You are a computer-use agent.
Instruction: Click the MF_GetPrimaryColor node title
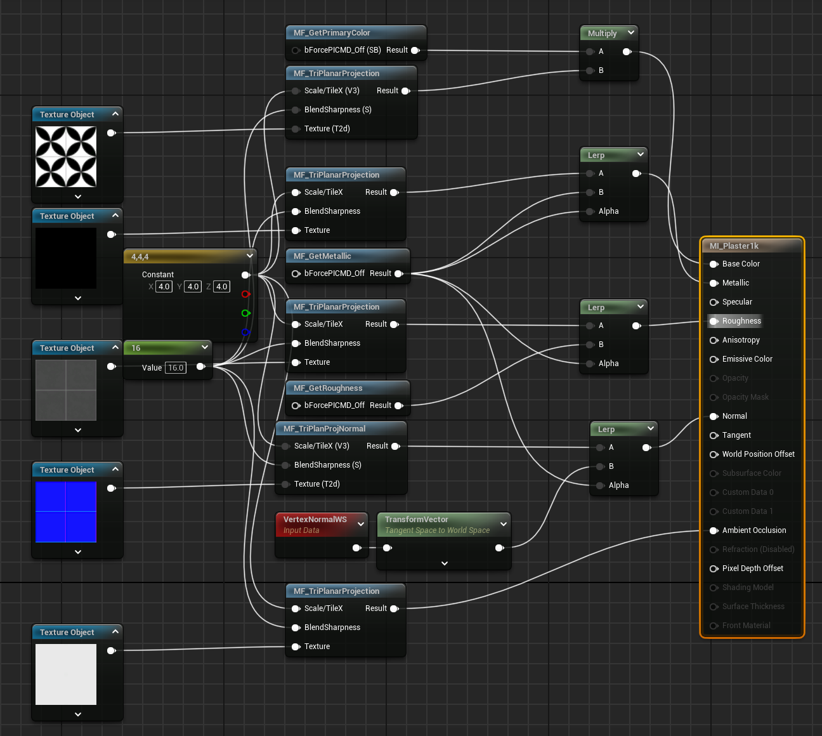332,33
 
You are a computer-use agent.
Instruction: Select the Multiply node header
602,34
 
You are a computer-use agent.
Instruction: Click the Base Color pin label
741,264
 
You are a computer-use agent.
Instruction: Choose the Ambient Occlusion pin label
753,530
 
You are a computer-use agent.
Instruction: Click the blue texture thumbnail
66,512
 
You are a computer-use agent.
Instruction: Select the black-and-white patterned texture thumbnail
66,157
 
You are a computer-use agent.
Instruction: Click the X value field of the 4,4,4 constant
164,287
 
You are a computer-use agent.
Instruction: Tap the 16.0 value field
176,368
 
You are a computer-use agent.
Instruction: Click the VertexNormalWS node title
315,520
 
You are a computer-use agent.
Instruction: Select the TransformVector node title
417,520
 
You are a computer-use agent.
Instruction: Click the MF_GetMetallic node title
322,256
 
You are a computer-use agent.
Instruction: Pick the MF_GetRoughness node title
328,388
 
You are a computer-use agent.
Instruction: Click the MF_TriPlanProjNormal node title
324,429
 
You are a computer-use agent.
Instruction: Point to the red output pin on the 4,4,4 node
245,294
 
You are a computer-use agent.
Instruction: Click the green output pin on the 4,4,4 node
245,313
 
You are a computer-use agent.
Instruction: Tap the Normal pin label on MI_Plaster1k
734,416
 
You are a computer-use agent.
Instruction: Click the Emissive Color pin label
747,359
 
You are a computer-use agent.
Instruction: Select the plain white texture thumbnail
66,674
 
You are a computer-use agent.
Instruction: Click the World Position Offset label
758,454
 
